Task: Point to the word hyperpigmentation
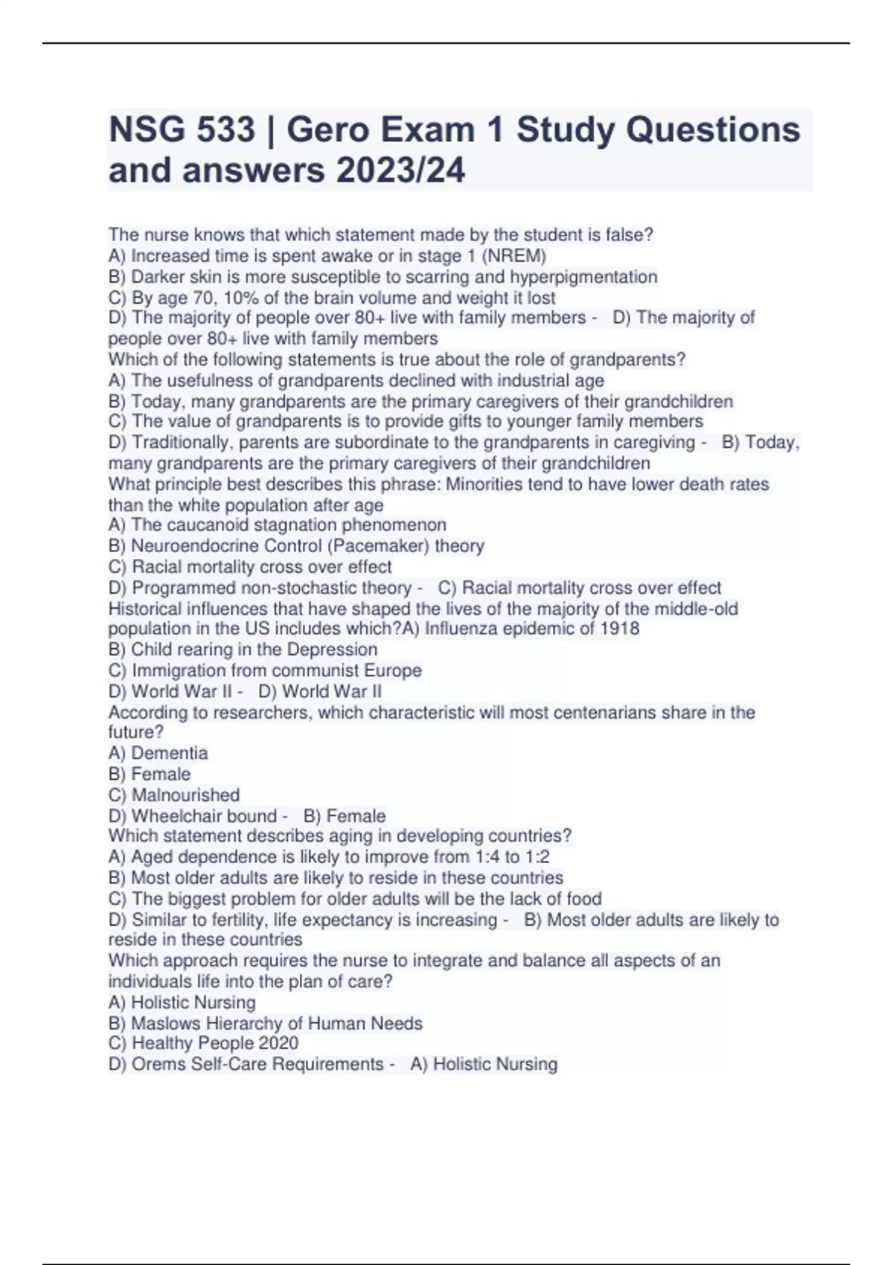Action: [583, 277]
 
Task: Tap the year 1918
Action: [619, 628]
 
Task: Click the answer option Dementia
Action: [169, 753]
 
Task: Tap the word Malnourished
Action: [185, 795]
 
